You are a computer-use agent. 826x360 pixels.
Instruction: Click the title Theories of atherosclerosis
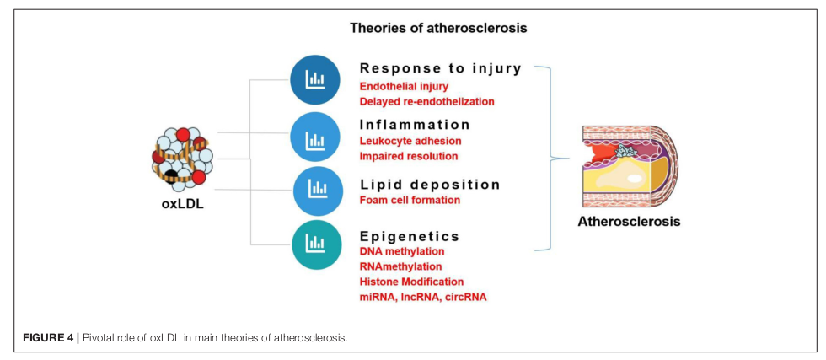coord(438,27)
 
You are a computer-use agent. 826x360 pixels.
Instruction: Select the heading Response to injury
coord(441,68)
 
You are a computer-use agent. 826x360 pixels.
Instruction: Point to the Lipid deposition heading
coord(430,184)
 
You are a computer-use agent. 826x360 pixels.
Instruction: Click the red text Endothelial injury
coord(404,86)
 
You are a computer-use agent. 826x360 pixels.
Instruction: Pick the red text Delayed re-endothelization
coord(426,101)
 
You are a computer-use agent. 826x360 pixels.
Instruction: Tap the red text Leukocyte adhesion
coord(410,141)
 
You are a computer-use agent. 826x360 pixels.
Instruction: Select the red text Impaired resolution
coord(409,156)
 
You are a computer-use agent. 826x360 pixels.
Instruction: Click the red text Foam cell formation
coord(410,201)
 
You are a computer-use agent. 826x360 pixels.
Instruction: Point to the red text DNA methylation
coord(402,252)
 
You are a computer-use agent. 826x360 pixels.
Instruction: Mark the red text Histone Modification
coord(411,282)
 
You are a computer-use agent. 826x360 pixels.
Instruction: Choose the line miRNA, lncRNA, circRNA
coord(423,297)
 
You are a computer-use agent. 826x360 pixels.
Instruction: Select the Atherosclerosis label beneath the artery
coord(629,223)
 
